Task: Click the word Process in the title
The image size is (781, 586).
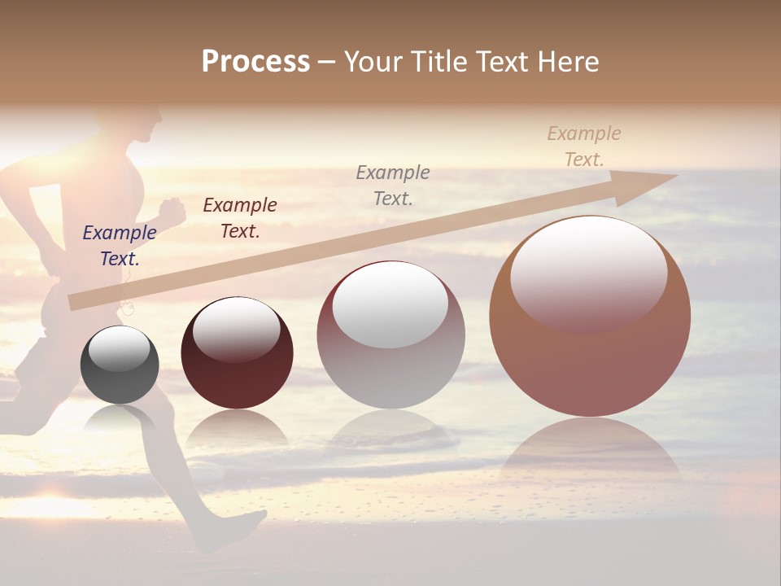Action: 255,62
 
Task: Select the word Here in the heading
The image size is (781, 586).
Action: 567,62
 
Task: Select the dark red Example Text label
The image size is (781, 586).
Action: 240,218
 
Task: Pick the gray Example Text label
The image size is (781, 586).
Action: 393,185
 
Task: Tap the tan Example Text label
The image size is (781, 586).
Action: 584,146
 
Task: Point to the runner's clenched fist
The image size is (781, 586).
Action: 172,210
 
